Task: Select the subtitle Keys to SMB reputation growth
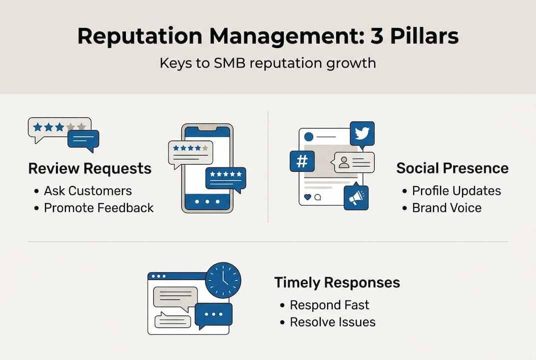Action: [x=268, y=64]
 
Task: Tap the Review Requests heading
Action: [x=90, y=168]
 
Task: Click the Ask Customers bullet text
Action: [x=88, y=191]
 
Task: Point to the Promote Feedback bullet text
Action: [x=99, y=208]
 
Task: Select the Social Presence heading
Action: [x=453, y=168]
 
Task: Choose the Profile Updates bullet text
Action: [x=456, y=191]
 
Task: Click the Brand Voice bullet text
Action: [x=447, y=208]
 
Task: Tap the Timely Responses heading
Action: [x=337, y=282]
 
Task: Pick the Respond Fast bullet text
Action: [x=330, y=305]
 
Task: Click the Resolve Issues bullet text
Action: [x=333, y=322]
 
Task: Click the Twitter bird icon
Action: [x=362, y=133]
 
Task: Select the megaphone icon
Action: [x=356, y=197]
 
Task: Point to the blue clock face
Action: [x=223, y=280]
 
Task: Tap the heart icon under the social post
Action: [x=307, y=197]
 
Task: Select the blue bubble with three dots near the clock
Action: [x=213, y=315]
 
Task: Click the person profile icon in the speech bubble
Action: [x=344, y=162]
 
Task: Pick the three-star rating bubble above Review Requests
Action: [x=59, y=128]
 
